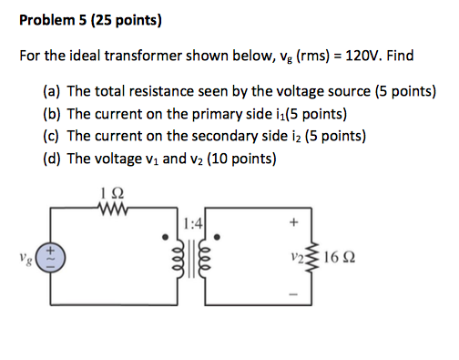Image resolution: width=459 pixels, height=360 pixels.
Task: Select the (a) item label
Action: pos(52,92)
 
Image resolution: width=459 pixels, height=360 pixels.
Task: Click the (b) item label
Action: pos(52,114)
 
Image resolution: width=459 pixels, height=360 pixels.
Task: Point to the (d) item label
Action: pos(52,158)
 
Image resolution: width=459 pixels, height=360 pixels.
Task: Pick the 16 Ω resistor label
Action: pos(335,257)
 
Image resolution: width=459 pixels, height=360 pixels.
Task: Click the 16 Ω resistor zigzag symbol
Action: pos(312,257)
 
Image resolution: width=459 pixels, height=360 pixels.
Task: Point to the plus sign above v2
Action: pos(293,221)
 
